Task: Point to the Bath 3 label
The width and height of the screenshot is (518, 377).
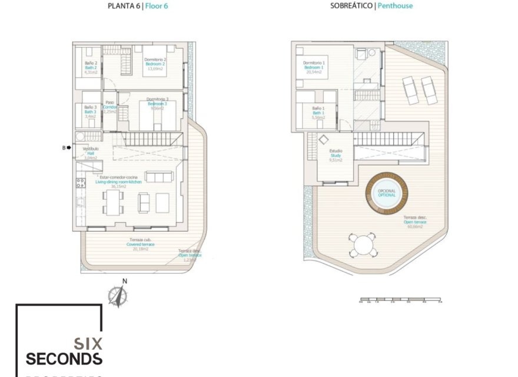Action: [x=90, y=112]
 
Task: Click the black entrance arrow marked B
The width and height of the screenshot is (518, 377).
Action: [x=69, y=148]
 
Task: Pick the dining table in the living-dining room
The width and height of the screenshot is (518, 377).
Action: [x=112, y=203]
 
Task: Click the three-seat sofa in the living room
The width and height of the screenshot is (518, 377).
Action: [x=159, y=177]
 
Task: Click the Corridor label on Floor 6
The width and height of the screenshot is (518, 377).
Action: [x=109, y=107]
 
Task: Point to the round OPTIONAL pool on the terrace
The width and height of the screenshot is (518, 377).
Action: [x=387, y=193]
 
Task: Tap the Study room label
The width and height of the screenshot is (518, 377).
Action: [x=336, y=156]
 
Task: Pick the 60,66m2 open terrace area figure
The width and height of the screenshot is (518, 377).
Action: [x=415, y=226]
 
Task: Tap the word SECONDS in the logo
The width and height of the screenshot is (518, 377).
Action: [x=64, y=359]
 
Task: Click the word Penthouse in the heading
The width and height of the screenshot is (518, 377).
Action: [x=395, y=6]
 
